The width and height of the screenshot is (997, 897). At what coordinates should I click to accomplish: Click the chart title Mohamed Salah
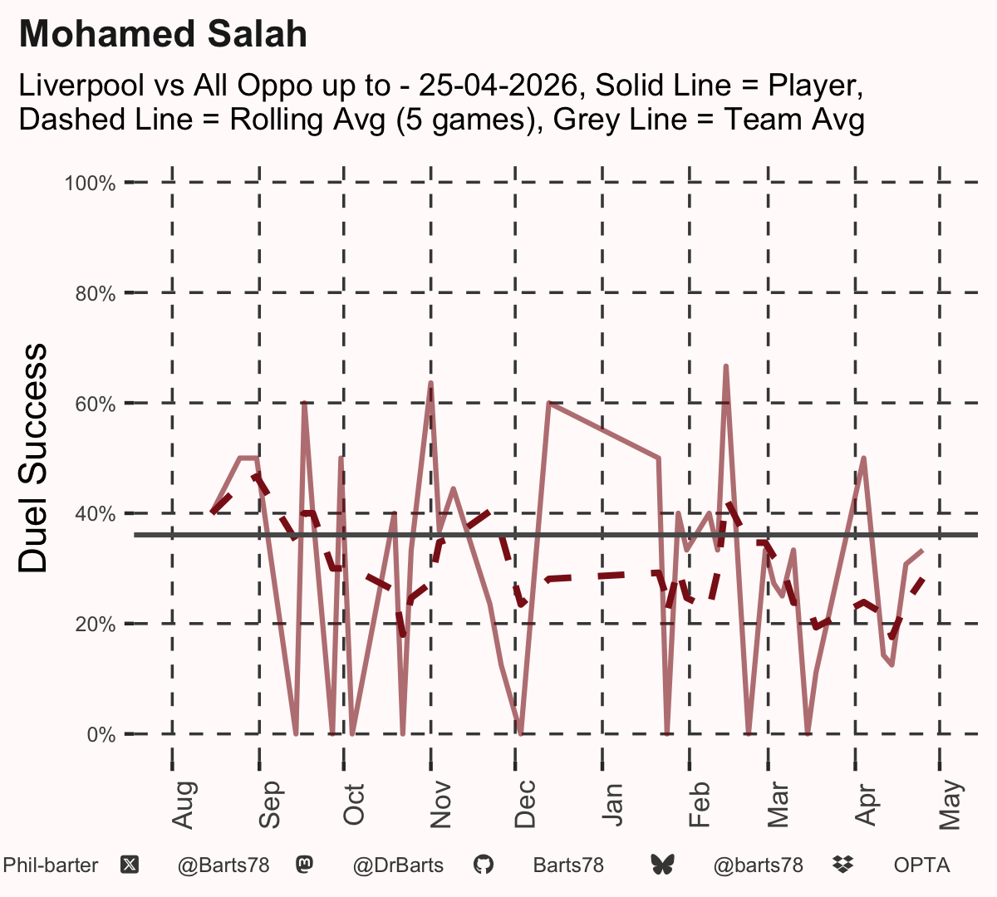tap(163, 34)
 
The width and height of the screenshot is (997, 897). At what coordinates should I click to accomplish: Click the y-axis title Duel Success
tap(32, 458)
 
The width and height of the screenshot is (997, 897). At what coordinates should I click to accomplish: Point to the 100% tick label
tap(90, 184)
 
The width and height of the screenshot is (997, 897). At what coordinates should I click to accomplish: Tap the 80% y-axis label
tap(96, 294)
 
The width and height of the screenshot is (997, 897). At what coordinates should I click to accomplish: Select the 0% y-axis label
tap(101, 734)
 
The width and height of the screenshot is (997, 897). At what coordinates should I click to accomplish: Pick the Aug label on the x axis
tap(183, 805)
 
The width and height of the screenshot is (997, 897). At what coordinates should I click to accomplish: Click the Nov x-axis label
tap(440, 805)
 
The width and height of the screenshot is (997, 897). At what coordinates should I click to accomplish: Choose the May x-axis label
tap(950, 805)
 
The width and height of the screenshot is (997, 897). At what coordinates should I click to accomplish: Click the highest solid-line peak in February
tap(726, 366)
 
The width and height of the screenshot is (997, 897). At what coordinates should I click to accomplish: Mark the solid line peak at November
tap(431, 383)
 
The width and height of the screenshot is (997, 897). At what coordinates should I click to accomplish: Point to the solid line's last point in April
tap(922, 551)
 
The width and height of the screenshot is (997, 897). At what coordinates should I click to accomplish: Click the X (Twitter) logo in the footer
tap(130, 865)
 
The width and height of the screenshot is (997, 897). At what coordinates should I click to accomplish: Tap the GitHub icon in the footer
tap(483, 865)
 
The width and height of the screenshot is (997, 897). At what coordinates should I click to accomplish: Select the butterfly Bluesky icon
tap(663, 865)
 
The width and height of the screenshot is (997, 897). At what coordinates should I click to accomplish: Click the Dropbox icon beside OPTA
tap(843, 865)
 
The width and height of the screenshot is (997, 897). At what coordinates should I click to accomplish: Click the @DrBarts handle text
tap(398, 865)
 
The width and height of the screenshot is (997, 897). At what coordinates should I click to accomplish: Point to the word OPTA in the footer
tap(922, 865)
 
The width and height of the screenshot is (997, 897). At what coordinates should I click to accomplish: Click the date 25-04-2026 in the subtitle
tap(498, 85)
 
